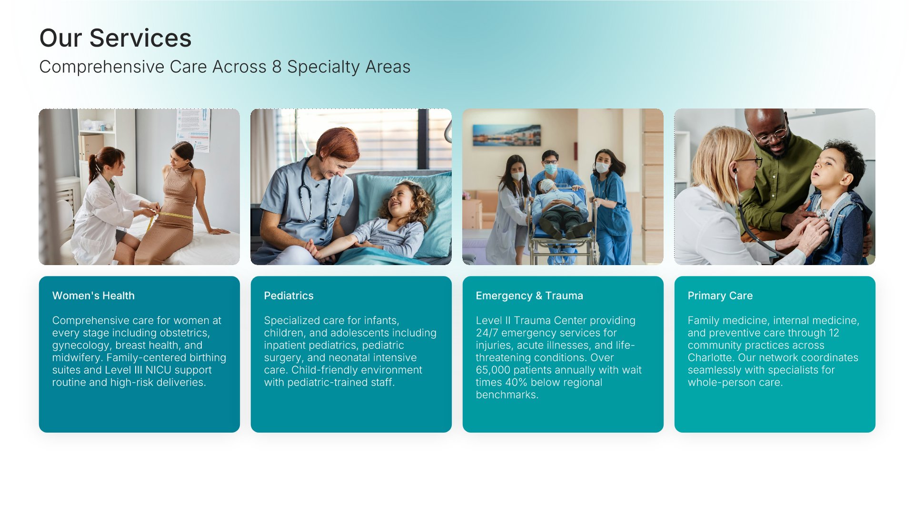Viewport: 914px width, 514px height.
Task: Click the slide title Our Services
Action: coord(115,38)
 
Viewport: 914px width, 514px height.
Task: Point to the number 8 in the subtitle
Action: coord(277,67)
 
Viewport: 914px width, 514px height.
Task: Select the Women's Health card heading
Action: coord(93,296)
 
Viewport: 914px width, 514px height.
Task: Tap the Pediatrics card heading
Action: coord(288,296)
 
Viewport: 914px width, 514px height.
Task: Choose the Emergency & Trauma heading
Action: coord(529,296)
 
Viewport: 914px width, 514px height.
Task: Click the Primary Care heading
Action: coord(720,296)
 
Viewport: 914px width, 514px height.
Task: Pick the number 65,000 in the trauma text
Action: coord(493,370)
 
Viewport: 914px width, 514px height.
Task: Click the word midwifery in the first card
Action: coord(76,358)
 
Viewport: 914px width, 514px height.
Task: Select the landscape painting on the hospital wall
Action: coord(507,135)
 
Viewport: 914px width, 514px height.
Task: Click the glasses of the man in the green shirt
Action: coord(771,135)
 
